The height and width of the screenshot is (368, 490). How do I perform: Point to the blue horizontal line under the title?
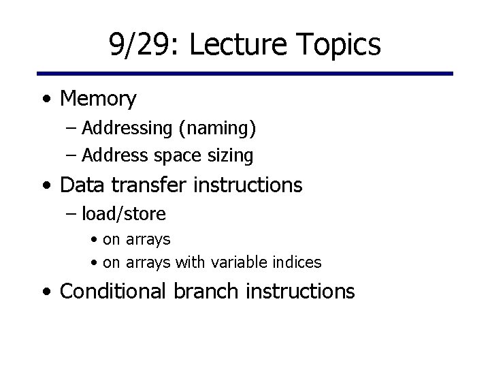[245, 74]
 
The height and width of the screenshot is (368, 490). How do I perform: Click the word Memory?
[98, 99]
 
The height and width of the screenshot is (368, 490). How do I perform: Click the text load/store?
[123, 214]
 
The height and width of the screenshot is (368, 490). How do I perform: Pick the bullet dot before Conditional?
[46, 292]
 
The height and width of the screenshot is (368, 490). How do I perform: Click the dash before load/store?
[71, 215]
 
